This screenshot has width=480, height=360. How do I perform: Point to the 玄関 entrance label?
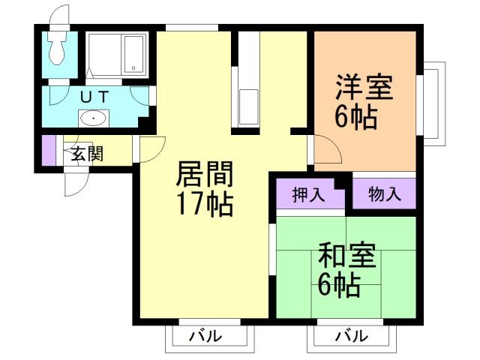[x=87, y=154]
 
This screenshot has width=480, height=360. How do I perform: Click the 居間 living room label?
[x=204, y=174]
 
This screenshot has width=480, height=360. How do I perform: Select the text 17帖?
[x=204, y=203]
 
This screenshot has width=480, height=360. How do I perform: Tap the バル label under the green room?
[x=350, y=336]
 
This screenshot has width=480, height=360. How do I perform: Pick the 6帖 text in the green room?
[x=337, y=286]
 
